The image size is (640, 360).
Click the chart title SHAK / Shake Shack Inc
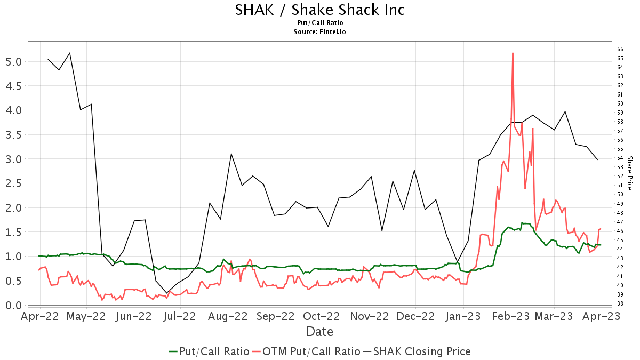[x=320, y=10]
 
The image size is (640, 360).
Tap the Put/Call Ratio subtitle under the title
[x=320, y=23]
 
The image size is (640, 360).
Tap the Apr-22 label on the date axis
[x=40, y=316]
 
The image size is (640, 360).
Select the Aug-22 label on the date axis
[x=228, y=316]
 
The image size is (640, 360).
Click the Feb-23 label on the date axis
[x=511, y=316]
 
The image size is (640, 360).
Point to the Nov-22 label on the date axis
[x=370, y=316]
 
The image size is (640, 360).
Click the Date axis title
[x=319, y=332]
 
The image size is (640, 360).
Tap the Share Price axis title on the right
[x=629, y=173]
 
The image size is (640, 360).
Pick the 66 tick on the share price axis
[x=620, y=49]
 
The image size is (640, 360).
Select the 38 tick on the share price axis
[x=620, y=304]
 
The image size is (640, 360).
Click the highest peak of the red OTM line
[x=513, y=53]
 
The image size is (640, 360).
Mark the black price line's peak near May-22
[x=70, y=53]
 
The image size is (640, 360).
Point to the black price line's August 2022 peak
[x=231, y=154]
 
